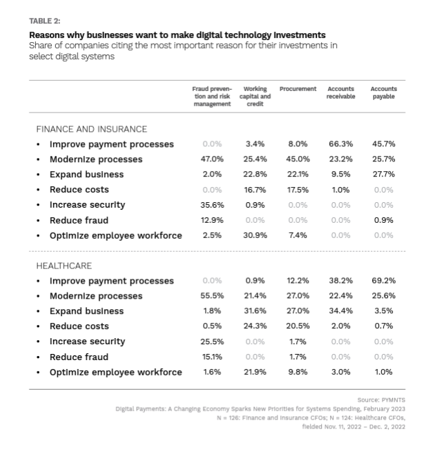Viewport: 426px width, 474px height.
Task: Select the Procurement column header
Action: point(298,89)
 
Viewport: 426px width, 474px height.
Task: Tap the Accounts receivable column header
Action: point(340,92)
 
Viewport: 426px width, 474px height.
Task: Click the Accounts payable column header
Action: point(383,92)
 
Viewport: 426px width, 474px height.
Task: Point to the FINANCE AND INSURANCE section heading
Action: point(91,129)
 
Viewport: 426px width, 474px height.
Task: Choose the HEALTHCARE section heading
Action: point(64,266)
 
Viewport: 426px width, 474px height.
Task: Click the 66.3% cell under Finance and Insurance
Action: point(340,144)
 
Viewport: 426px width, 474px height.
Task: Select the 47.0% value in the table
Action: point(212,159)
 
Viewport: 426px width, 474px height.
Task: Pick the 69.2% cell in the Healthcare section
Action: point(383,281)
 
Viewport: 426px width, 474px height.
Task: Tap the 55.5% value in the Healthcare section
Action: point(212,296)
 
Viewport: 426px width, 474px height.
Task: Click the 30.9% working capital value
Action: point(255,235)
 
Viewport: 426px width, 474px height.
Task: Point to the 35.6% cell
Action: point(212,205)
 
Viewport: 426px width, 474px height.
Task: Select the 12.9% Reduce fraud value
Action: point(212,220)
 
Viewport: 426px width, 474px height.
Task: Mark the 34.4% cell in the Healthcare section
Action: point(340,311)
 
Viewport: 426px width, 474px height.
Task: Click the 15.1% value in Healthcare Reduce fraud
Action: point(212,357)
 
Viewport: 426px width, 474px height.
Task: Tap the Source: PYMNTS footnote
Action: point(381,400)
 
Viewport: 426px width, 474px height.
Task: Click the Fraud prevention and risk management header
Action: point(212,96)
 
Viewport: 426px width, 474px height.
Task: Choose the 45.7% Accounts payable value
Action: point(383,144)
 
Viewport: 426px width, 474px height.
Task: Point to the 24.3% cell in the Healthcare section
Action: point(255,326)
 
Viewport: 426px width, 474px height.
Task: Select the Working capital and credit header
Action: point(255,96)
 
